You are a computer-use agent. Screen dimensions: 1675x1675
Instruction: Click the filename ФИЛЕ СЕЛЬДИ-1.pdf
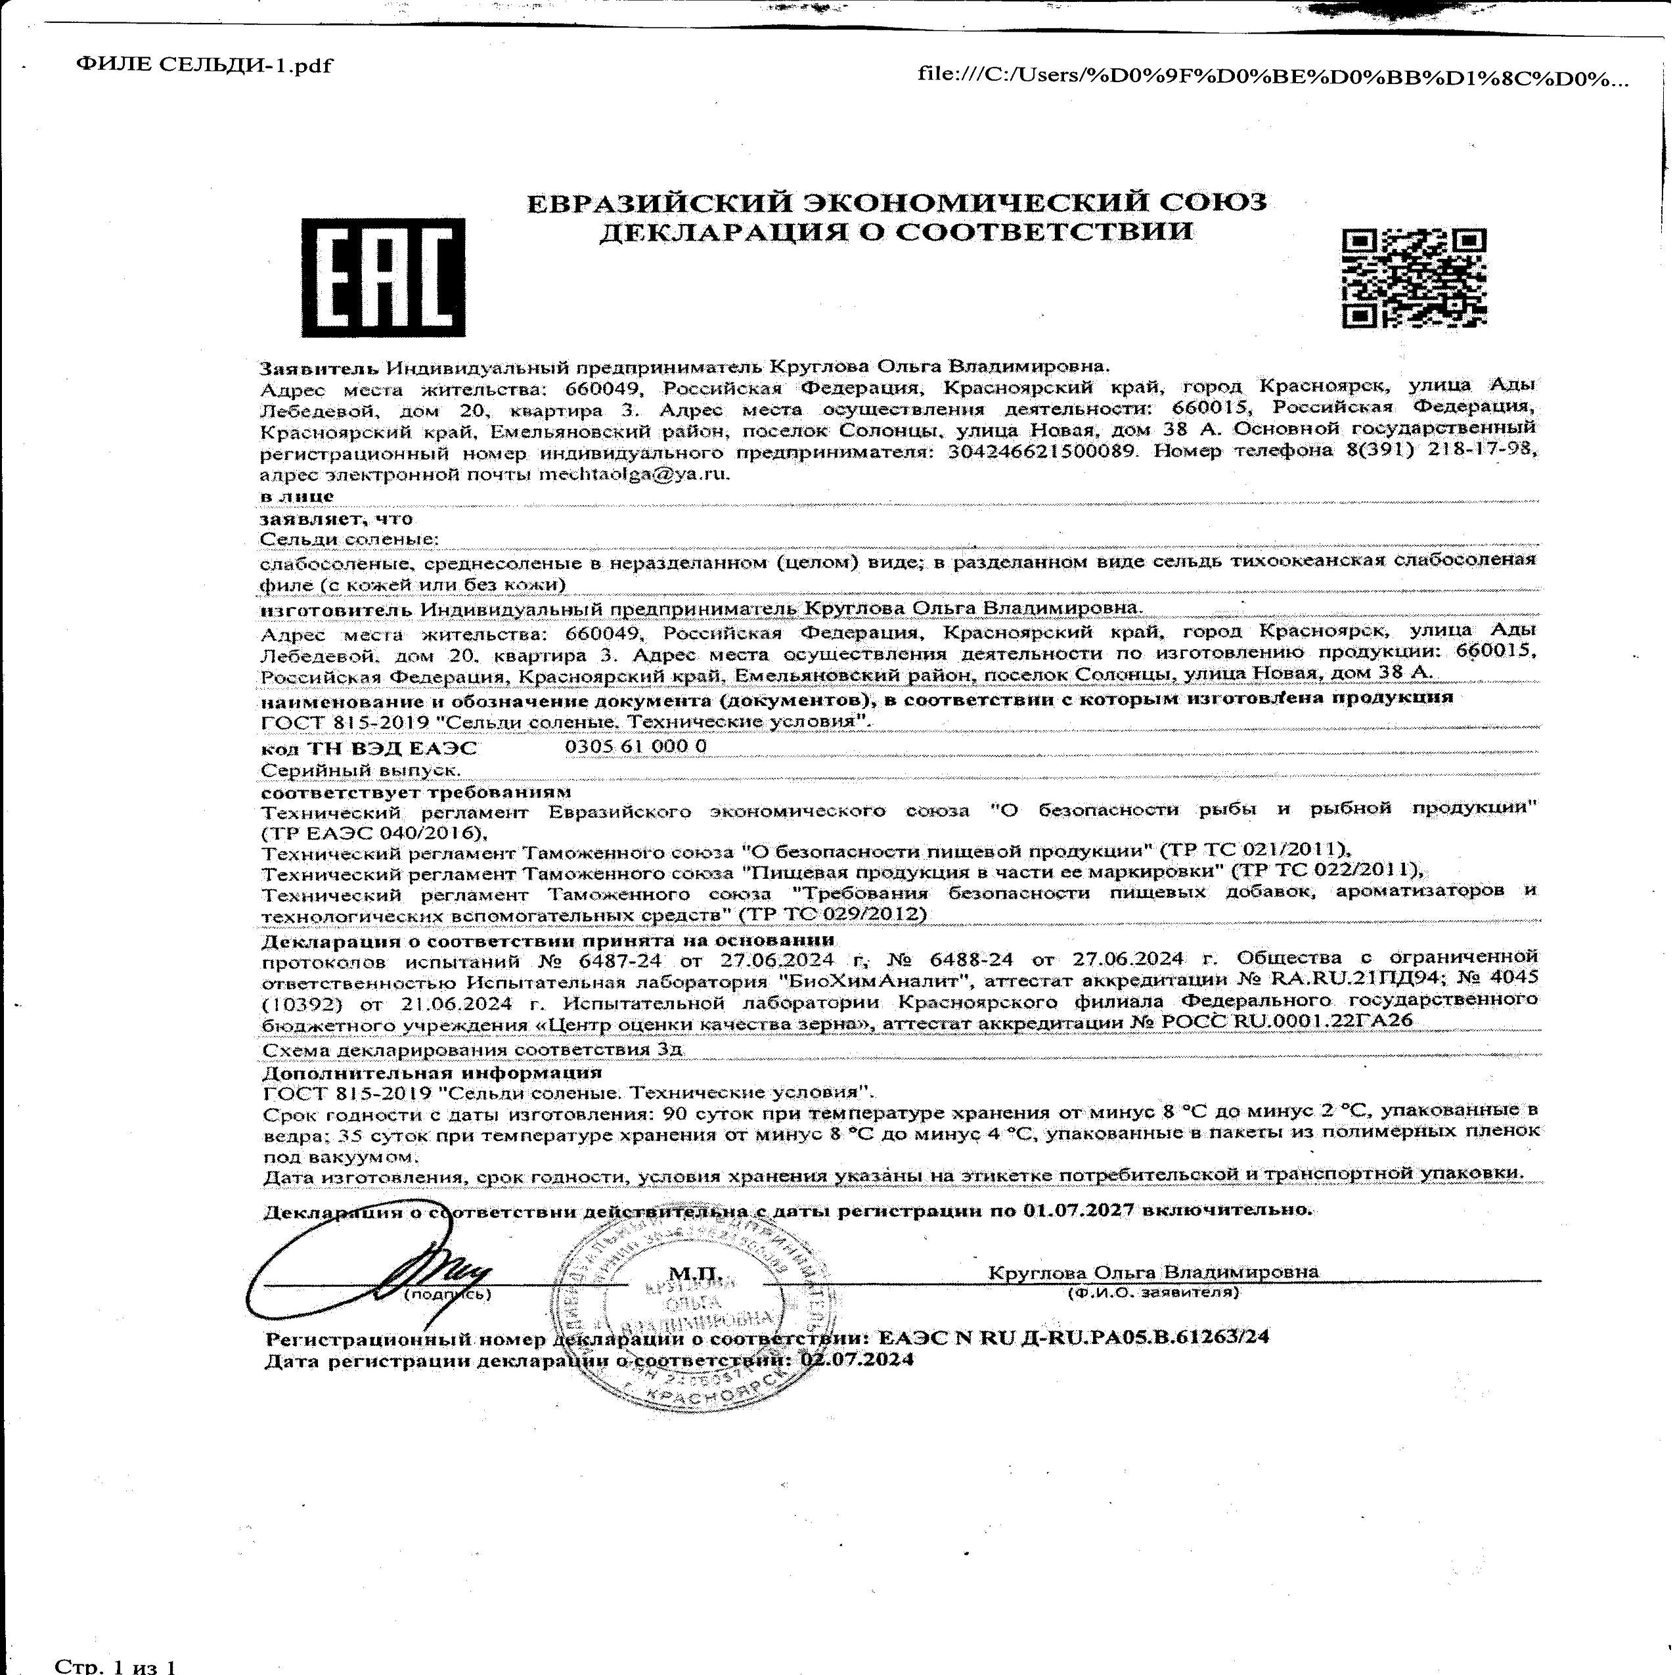coord(204,66)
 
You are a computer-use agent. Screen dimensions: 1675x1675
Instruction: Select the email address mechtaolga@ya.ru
coord(635,474)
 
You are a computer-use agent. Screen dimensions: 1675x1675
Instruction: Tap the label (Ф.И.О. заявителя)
coord(1153,1293)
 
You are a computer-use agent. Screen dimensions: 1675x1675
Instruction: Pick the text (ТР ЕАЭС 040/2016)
coord(371,832)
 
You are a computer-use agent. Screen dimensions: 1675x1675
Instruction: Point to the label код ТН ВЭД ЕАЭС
coord(369,748)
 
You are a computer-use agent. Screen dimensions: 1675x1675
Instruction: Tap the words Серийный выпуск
coord(361,770)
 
